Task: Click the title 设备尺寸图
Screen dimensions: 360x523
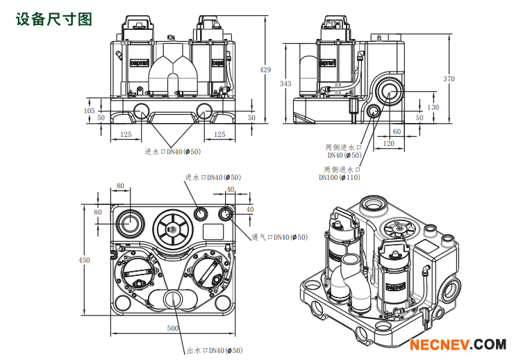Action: click(x=53, y=19)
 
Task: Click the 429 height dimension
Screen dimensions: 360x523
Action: click(x=265, y=69)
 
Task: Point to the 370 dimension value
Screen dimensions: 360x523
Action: click(x=449, y=79)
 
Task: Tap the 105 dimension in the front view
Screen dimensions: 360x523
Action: click(x=89, y=111)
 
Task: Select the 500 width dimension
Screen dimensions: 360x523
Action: click(x=173, y=328)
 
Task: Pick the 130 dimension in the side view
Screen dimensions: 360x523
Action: click(x=433, y=107)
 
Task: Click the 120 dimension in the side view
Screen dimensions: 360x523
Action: click(x=388, y=143)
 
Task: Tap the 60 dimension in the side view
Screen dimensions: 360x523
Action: click(x=397, y=131)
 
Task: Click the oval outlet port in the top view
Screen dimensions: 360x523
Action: click(x=173, y=299)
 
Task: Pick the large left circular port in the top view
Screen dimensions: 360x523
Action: click(x=130, y=222)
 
